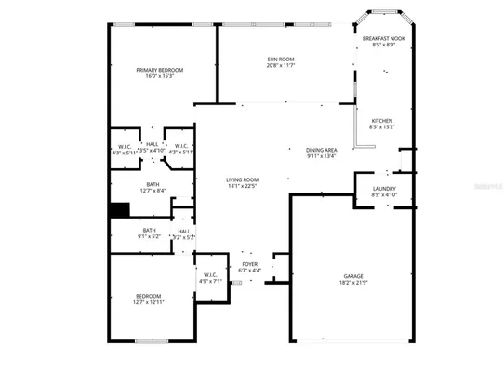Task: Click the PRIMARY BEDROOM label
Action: pyautogui.click(x=159, y=70)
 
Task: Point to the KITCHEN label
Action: pyautogui.click(x=382, y=121)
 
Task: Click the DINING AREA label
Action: pyautogui.click(x=322, y=150)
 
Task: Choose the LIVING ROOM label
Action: pyautogui.click(x=242, y=179)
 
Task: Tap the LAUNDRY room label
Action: pyautogui.click(x=383, y=189)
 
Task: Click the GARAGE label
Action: pyautogui.click(x=353, y=276)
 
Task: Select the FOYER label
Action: pyautogui.click(x=249, y=264)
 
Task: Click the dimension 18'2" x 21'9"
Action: pyautogui.click(x=353, y=283)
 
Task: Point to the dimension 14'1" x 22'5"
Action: pyautogui.click(x=242, y=186)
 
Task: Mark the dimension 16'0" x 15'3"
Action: pyautogui.click(x=159, y=76)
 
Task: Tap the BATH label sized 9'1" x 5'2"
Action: pyautogui.click(x=149, y=231)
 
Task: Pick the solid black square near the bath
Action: pyautogui.click(x=118, y=209)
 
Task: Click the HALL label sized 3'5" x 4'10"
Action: pyautogui.click(x=152, y=144)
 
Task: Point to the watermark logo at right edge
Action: pyautogui.click(x=487, y=186)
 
